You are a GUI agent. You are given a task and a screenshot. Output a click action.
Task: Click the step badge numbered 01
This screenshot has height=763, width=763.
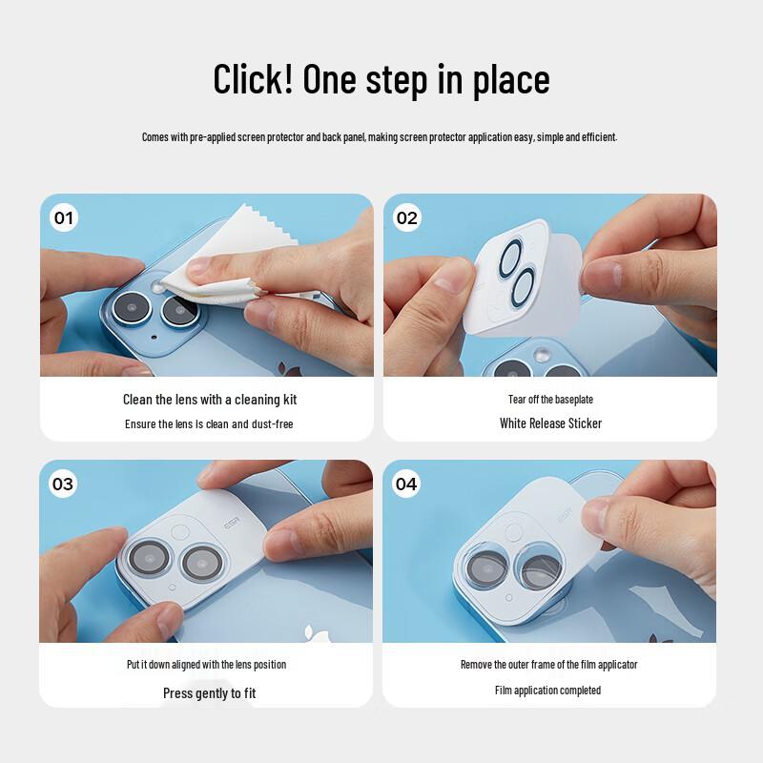(x=63, y=218)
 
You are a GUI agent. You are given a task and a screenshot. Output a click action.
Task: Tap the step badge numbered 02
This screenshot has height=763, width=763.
(x=406, y=218)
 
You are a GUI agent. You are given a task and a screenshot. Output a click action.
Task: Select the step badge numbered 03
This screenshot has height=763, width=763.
(x=63, y=484)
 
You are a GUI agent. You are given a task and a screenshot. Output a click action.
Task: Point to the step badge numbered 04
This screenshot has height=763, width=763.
(x=406, y=484)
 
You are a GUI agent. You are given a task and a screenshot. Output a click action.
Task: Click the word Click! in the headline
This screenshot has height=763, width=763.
(x=252, y=80)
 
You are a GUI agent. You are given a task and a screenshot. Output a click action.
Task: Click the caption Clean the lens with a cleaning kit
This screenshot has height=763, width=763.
(x=209, y=400)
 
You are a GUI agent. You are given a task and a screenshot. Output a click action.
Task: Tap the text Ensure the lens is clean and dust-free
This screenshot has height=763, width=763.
(x=209, y=423)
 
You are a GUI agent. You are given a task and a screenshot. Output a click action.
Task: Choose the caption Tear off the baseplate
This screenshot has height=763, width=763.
(x=550, y=400)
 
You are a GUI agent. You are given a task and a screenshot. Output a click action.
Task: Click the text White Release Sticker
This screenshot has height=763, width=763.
(x=550, y=423)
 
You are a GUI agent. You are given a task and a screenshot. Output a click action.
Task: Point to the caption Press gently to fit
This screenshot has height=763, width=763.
(x=209, y=693)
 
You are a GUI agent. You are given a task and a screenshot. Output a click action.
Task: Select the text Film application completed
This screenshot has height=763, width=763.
(x=547, y=690)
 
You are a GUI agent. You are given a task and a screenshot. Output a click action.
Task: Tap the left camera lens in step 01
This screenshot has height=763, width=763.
(x=129, y=307)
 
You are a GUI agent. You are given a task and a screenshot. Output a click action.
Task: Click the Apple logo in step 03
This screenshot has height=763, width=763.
(x=310, y=632)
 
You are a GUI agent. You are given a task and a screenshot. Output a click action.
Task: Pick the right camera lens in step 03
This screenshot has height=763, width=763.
(x=201, y=563)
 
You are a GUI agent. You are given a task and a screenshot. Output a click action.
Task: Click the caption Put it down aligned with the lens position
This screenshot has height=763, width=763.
(x=206, y=665)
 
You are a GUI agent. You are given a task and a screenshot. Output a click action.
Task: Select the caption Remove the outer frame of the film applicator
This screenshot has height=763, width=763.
(x=548, y=665)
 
